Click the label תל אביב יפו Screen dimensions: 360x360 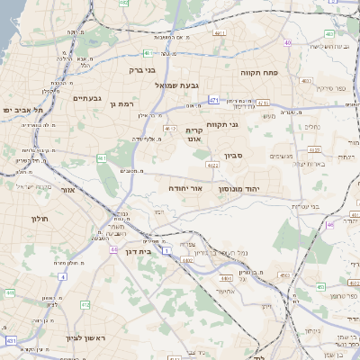19,110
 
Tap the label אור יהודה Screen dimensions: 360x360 184,189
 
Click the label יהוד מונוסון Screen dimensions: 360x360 238,189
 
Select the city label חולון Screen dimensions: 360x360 40,219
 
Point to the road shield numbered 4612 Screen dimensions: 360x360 170,129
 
